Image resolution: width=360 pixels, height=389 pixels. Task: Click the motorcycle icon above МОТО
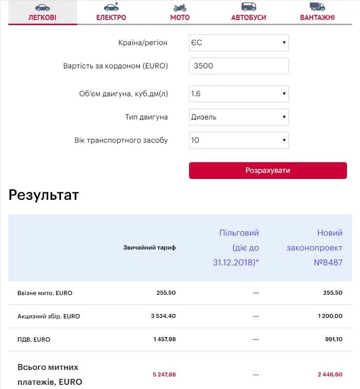tap(180, 7)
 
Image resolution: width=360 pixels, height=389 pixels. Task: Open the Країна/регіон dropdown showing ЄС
tap(239, 43)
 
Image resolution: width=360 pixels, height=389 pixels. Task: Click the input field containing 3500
tap(239, 66)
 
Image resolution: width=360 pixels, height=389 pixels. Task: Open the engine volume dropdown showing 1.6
tap(239, 94)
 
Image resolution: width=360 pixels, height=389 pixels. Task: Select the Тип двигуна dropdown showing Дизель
tap(239, 117)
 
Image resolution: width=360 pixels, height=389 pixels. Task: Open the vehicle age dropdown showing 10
tap(239, 141)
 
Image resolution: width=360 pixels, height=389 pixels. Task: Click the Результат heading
tap(44, 195)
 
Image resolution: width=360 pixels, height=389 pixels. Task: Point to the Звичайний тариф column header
tap(150, 248)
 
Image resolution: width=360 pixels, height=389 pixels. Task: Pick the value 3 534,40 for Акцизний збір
tap(163, 316)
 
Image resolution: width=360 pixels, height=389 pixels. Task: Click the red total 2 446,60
tap(330, 374)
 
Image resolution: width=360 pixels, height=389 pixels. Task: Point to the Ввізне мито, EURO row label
tap(45, 293)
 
